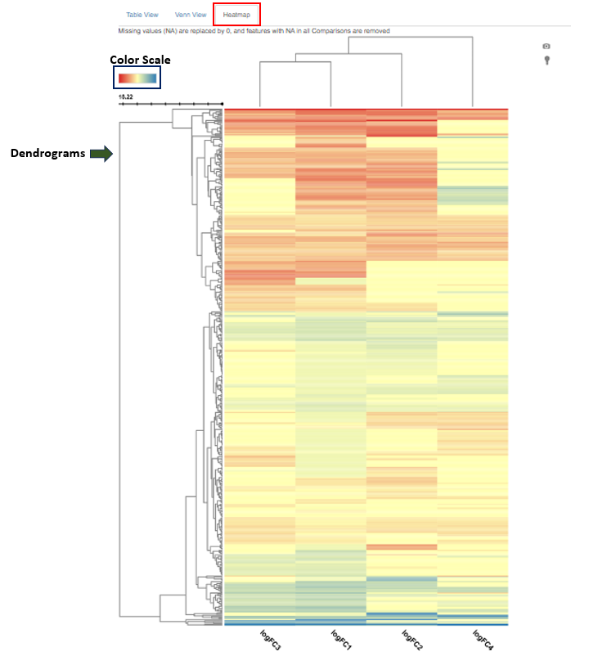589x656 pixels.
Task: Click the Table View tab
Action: [142, 15]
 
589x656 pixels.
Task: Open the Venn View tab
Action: [190, 15]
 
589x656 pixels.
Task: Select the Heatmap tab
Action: [236, 15]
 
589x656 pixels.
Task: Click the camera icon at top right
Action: [546, 47]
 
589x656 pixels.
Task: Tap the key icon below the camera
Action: [546, 61]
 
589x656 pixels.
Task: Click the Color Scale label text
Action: [140, 60]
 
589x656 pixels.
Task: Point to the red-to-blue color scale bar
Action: [137, 78]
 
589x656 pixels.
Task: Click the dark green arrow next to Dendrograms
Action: [101, 153]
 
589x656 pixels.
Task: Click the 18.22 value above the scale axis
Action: [126, 97]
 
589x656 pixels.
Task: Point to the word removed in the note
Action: [375, 31]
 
